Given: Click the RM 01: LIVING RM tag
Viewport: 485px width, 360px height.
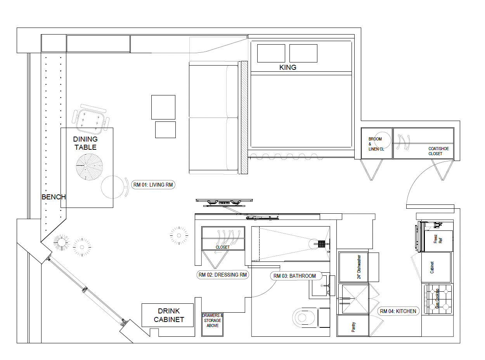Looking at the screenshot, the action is (153, 185).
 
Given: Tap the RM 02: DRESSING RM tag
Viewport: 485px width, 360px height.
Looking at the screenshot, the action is (223, 275).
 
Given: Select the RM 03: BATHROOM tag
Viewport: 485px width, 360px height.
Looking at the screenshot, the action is (296, 276).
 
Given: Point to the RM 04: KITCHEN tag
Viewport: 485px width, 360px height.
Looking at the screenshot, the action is (398, 311).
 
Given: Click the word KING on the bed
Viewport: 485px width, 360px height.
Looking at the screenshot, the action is (288, 67).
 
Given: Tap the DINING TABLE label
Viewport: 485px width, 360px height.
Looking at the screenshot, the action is (85, 143).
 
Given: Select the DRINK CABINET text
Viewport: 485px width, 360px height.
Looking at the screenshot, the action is (169, 315).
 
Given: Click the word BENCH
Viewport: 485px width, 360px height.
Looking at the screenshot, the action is (54, 197).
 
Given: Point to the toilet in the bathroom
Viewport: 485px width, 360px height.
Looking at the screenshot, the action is (311, 318).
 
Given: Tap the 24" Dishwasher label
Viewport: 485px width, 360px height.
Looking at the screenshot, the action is (359, 267).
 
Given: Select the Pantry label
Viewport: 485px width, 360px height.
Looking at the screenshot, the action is (353, 327).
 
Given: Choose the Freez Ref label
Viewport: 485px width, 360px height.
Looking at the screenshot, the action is (438, 239).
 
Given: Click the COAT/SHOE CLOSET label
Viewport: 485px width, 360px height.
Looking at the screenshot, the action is (438, 151).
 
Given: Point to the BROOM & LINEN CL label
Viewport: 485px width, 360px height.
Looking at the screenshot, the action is (376, 144).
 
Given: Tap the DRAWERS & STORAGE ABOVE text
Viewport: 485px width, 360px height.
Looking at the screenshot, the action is (212, 320).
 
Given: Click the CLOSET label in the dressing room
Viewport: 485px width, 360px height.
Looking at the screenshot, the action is (223, 247).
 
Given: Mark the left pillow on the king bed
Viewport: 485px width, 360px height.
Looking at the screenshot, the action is (271, 54).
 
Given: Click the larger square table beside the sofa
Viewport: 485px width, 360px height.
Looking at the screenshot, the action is (163, 107).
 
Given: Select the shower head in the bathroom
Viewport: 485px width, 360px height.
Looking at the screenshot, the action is (321, 244).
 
